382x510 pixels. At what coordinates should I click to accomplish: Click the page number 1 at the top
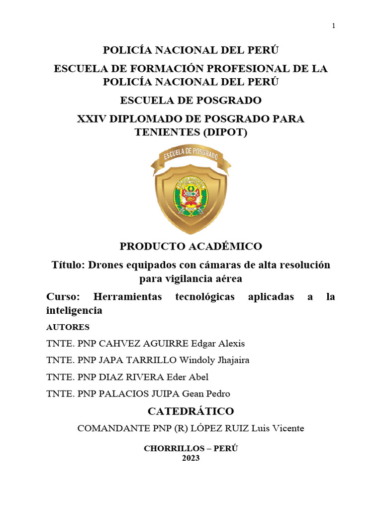coord(334,26)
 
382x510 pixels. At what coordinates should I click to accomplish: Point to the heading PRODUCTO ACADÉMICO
coord(191,246)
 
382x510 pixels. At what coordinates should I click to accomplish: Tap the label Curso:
coord(63,297)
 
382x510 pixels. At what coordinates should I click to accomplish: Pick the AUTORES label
coord(68,327)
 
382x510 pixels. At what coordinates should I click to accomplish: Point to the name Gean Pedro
coord(206,393)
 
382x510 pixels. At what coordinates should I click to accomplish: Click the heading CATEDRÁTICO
coord(191,411)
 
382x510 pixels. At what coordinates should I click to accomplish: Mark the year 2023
coord(191,458)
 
